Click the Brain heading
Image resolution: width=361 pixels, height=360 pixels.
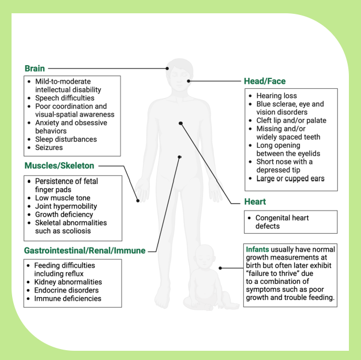[35, 68]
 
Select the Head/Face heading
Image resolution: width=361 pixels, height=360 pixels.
[265, 81]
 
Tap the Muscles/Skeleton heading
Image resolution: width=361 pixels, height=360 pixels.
[59, 166]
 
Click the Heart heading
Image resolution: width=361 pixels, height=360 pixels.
[254, 202]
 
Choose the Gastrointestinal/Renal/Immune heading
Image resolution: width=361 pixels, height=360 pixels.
[84, 250]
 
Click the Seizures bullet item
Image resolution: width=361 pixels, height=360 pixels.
[50, 148]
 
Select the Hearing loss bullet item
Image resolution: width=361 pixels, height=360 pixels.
[277, 96]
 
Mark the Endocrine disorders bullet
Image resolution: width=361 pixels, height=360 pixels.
[66, 290]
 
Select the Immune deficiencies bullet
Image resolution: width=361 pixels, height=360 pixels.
[67, 299]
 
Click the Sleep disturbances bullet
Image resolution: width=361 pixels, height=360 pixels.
[66, 139]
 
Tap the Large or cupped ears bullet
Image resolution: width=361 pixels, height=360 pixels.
[290, 179]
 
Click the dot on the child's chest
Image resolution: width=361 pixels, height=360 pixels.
[180, 123]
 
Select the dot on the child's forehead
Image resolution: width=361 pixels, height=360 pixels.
[167, 68]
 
